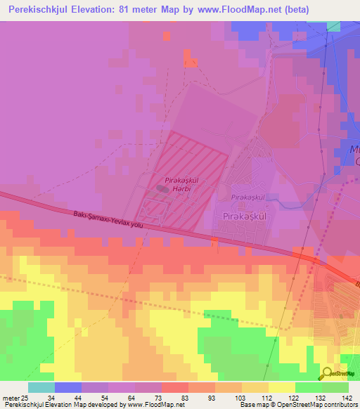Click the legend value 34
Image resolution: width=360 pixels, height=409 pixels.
[x=51, y=398]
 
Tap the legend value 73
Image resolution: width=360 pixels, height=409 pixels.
[x=160, y=398]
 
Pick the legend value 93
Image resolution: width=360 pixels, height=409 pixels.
[x=214, y=398]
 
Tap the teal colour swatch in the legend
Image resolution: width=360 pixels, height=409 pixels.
[x=41, y=387]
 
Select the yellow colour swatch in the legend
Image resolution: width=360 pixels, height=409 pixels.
[x=281, y=387]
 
